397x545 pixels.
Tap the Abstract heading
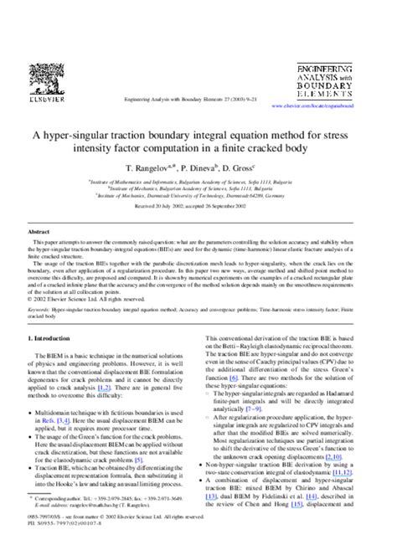[x=39, y=231]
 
